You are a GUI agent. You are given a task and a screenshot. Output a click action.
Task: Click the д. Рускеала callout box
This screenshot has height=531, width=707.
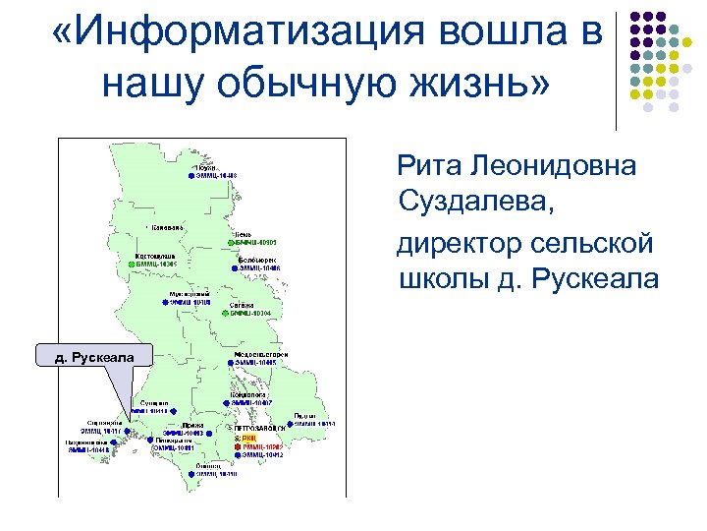pyautogui.click(x=93, y=356)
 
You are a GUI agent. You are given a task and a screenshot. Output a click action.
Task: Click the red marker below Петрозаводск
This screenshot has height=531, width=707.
pyautogui.click(x=238, y=445)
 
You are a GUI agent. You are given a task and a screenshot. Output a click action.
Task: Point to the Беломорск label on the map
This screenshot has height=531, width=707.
pyautogui.click(x=256, y=258)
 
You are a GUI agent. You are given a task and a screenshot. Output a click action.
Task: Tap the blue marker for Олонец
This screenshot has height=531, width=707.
pyautogui.click(x=190, y=473)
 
